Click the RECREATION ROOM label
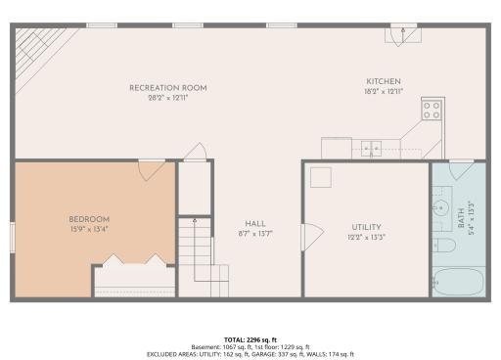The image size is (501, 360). pyautogui.click(x=168, y=88)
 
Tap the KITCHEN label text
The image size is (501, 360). pyautogui.click(x=384, y=81)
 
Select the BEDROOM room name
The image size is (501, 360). pyautogui.click(x=88, y=218)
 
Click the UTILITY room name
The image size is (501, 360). pyautogui.click(x=366, y=227)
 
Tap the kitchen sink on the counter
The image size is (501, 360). pyautogui.click(x=370, y=149)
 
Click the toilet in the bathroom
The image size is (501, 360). pyautogui.click(x=445, y=245)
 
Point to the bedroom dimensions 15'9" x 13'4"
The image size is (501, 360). pyautogui.click(x=88, y=229)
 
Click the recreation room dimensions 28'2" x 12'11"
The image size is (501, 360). pyautogui.click(x=168, y=98)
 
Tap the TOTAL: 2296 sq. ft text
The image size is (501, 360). pyautogui.click(x=250, y=338)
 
